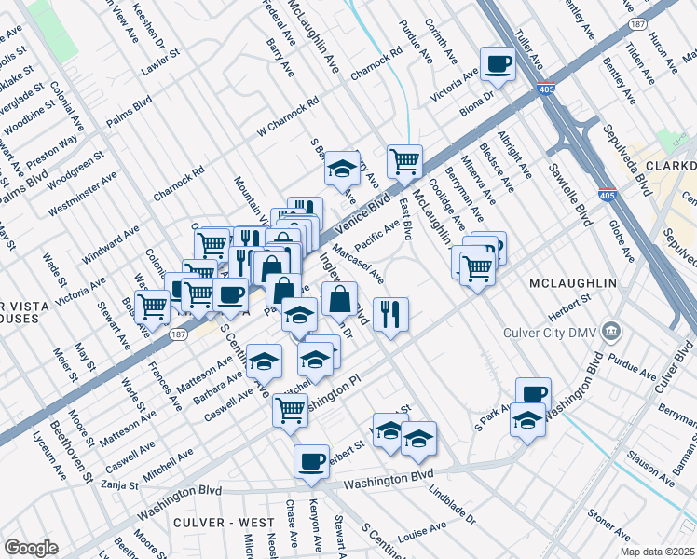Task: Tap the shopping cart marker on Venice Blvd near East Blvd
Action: coord(404,160)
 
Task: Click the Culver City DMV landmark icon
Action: coord(611,329)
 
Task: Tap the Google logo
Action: coord(31,548)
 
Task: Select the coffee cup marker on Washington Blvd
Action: coord(311,461)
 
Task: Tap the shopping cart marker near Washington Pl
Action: coord(291,408)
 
